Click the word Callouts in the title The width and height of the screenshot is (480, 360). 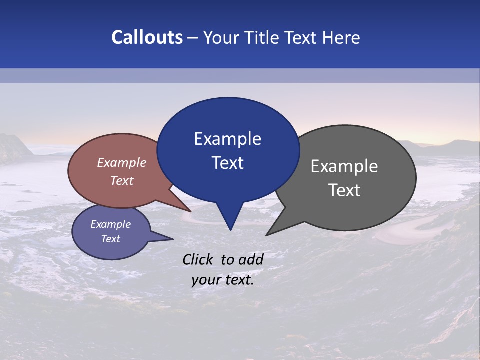click(x=147, y=38)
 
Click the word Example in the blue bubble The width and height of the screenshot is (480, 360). click(x=227, y=139)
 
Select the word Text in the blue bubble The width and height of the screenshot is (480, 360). click(x=227, y=163)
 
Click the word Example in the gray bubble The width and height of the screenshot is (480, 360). click(x=344, y=166)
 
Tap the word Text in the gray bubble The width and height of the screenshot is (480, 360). click(x=344, y=190)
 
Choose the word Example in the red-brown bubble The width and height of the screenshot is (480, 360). click(x=122, y=162)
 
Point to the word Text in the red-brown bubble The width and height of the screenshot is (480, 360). click(x=122, y=180)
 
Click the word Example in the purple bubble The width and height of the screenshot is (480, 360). click(x=110, y=224)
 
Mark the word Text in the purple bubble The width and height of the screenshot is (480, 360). click(x=110, y=239)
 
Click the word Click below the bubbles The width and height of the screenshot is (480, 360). click(x=198, y=259)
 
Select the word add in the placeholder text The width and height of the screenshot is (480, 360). click(x=250, y=259)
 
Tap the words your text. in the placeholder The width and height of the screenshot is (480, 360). click(x=223, y=280)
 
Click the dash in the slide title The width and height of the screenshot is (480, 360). click(x=193, y=38)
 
